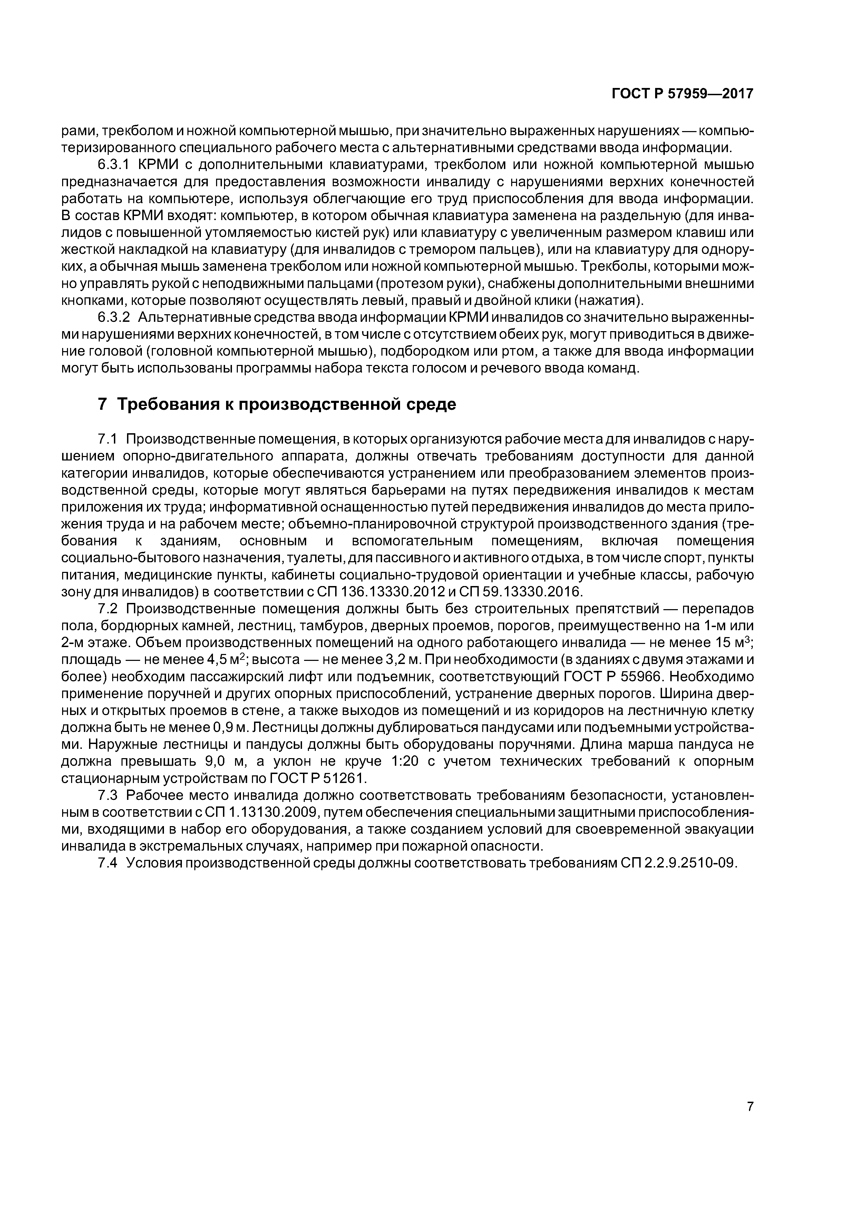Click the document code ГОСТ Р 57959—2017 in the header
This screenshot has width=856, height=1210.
(682, 94)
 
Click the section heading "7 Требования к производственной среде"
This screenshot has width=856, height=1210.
(277, 404)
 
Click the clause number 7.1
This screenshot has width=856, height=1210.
(107, 439)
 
